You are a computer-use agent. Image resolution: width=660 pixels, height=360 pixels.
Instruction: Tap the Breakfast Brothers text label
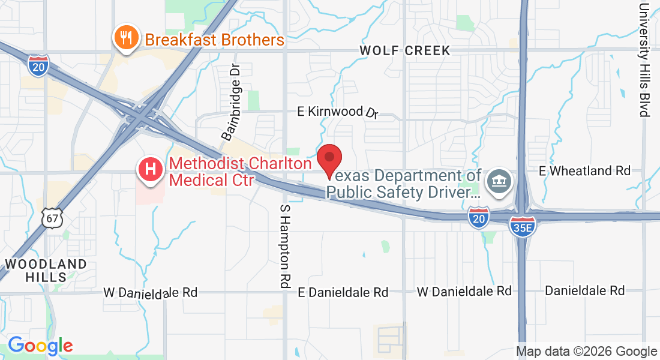[x=214, y=40]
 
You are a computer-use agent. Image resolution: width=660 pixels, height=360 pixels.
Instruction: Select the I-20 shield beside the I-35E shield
[x=479, y=217]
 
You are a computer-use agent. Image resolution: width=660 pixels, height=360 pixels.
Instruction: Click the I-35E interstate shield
[x=522, y=226]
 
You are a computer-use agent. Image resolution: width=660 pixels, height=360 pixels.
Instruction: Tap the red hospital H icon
[x=150, y=170]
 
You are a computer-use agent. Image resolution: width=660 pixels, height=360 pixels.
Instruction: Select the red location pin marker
[x=329, y=160]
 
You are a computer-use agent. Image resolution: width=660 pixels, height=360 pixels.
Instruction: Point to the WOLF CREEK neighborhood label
[x=405, y=50]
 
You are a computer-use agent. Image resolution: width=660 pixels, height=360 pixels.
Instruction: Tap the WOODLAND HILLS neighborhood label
[x=46, y=271]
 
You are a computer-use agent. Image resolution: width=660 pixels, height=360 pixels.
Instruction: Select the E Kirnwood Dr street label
[x=339, y=112]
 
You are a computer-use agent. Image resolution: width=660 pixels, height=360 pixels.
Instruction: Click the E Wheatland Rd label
[x=584, y=171]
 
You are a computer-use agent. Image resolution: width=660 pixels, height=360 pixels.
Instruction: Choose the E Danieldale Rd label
[x=344, y=292]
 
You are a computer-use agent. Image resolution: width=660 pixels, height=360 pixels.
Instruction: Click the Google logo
[x=40, y=346]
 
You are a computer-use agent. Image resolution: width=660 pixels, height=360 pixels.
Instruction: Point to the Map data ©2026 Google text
[x=586, y=351]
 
